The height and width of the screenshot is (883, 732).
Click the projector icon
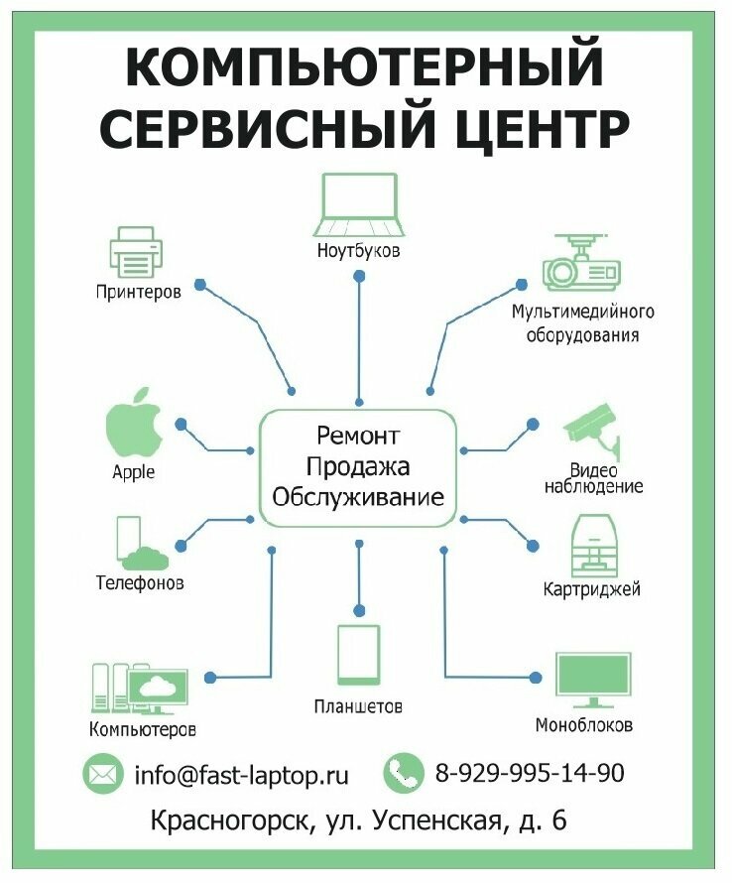[x=581, y=262]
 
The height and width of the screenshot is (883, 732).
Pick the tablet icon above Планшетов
[x=358, y=654]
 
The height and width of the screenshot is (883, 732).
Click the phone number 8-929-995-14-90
[x=530, y=773]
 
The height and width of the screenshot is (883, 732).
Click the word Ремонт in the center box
[x=358, y=436]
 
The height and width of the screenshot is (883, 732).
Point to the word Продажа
[x=358, y=466]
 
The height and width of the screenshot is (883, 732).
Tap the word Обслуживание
[x=358, y=496]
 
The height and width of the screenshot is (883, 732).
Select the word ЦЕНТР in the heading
[x=537, y=128]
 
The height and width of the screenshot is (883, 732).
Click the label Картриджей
[x=591, y=589]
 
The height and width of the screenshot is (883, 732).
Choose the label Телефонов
[x=139, y=582]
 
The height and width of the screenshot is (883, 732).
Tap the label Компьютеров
[x=143, y=730]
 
